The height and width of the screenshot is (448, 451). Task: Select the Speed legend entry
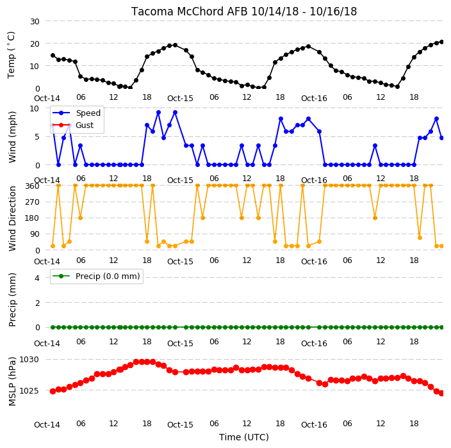(x=76, y=113)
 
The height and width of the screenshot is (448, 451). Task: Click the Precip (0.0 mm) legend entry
(x=96, y=276)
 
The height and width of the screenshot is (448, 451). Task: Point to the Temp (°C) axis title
(x=11, y=55)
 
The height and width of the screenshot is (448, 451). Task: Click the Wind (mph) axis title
(x=12, y=137)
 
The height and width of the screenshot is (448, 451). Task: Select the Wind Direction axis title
(x=12, y=218)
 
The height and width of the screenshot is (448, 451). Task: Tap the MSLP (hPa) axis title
(x=12, y=381)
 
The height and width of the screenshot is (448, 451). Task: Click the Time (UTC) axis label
(x=244, y=437)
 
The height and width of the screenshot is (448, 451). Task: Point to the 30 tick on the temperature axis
(x=35, y=22)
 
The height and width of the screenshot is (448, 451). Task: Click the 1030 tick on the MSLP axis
(x=29, y=360)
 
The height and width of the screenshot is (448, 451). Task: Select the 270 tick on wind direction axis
(x=32, y=202)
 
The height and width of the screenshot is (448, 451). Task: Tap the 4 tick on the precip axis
(x=37, y=278)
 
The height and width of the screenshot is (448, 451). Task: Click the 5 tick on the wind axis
(x=37, y=137)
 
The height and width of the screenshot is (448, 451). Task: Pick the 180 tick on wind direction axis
(x=32, y=218)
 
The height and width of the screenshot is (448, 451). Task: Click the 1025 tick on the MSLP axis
(x=29, y=391)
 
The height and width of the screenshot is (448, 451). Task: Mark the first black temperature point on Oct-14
(x=53, y=56)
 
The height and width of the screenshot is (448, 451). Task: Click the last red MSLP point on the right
(x=441, y=393)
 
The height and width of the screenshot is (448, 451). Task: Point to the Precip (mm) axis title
(x=12, y=300)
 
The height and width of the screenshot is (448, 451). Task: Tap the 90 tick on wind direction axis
(x=35, y=234)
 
